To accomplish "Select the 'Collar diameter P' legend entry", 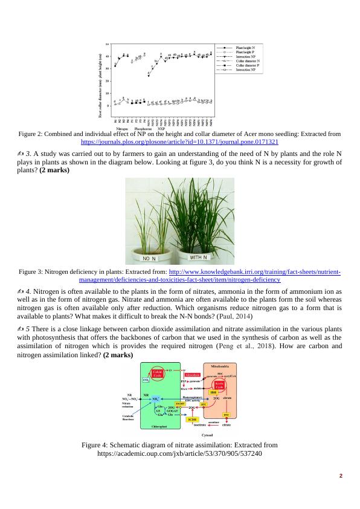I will pyautogui.click(x=247, y=66).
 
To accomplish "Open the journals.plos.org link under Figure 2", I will pyautogui.click(x=179, y=141).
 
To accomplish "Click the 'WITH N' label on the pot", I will pyautogui.click(x=204, y=258).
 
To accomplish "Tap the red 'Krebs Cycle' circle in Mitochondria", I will pyautogui.click(x=219, y=385).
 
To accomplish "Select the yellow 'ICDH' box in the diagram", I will pyautogui.click(x=193, y=418).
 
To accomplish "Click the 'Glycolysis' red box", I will pyautogui.click(x=192, y=375).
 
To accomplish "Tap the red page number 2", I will pyautogui.click(x=341, y=476).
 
